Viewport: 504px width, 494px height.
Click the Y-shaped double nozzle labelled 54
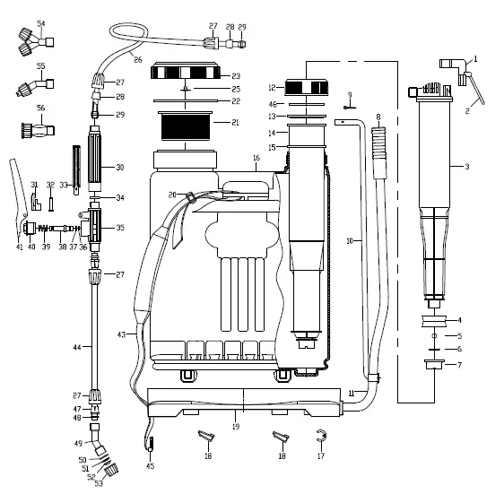35,41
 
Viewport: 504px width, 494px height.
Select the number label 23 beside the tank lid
236,76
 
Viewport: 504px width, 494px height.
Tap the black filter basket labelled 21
185,126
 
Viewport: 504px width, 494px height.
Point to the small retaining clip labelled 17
321,436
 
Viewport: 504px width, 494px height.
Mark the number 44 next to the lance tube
77,347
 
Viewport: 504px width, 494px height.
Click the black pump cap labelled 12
307,88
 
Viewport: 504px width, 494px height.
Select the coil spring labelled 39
44,229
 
